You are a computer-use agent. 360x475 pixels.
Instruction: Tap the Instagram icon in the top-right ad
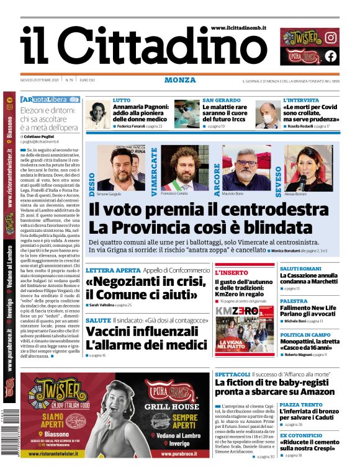331,37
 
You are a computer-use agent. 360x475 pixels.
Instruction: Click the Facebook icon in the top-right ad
331,56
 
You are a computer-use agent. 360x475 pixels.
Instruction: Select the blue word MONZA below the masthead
180,80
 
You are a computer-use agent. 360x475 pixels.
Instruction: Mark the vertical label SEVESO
280,171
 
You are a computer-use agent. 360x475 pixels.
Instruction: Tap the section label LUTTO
122,100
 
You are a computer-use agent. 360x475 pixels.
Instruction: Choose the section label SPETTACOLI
233,375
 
